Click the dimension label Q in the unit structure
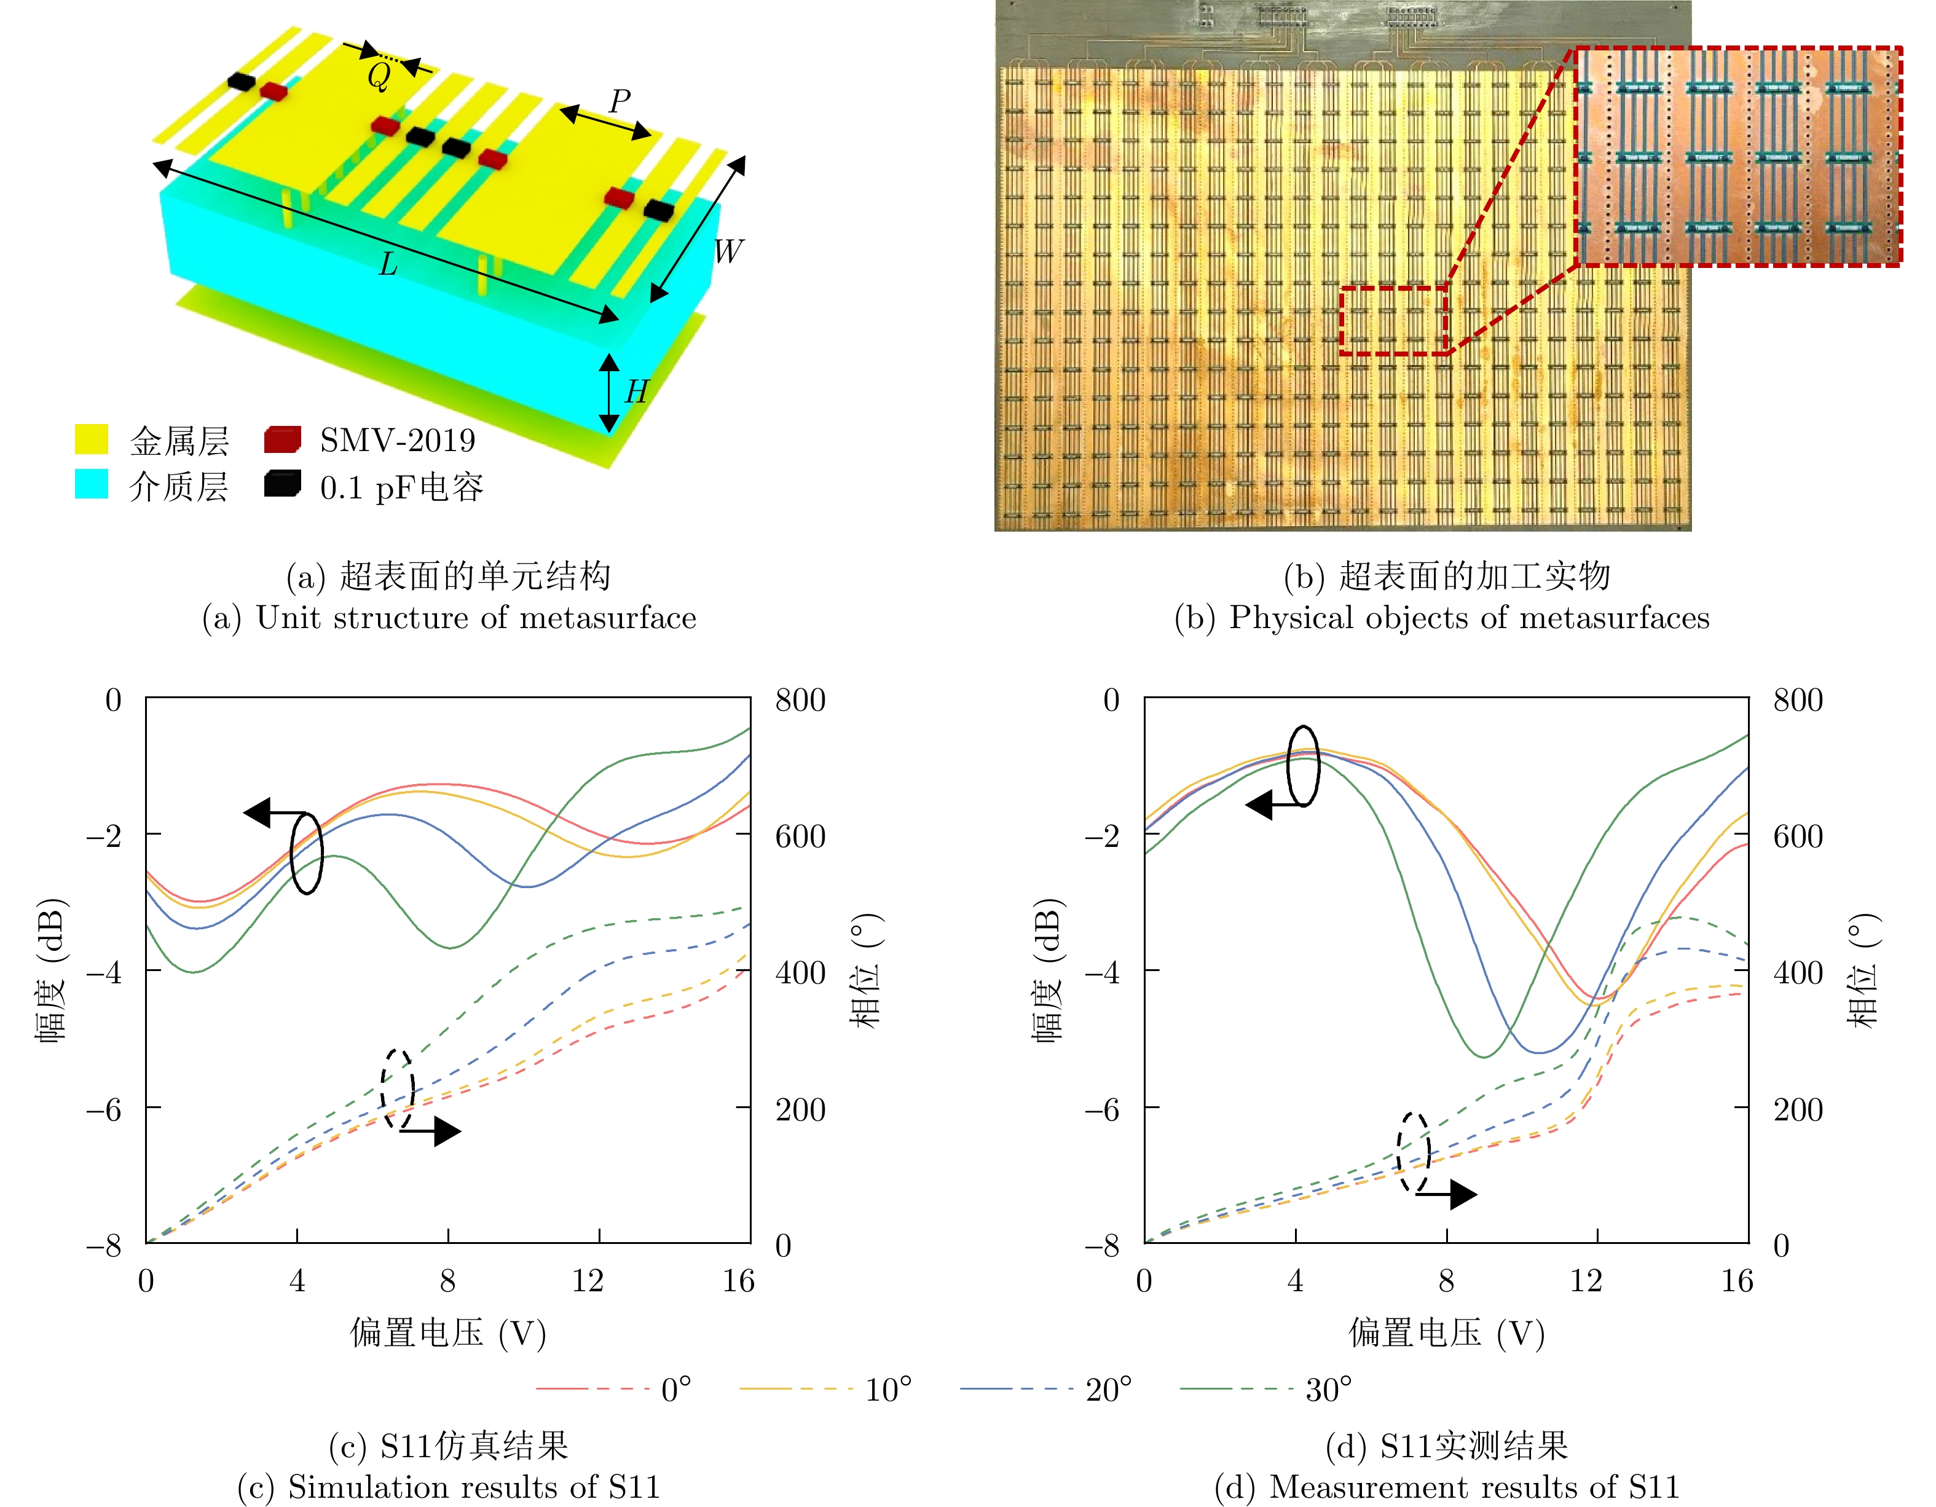coord(379,77)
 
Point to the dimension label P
coord(620,101)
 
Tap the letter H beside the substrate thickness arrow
coord(635,392)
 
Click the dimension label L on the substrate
coord(388,264)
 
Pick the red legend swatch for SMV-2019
coord(282,439)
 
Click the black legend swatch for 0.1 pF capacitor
coord(282,484)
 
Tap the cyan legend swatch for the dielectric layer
coord(92,484)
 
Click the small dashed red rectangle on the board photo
coord(1393,321)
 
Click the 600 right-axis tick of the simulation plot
coord(800,836)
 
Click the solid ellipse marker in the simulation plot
coord(307,853)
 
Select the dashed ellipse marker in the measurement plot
coord(1413,1152)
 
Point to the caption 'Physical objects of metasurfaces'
coord(1442,617)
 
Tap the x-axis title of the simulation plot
coord(447,1332)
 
